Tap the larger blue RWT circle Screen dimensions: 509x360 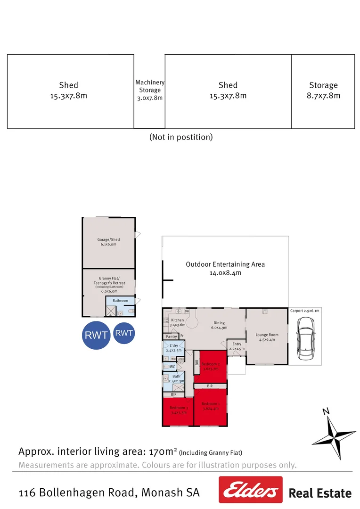pos(96,336)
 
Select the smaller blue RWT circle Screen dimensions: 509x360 pos(124,333)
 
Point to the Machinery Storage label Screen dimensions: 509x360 pos(150,90)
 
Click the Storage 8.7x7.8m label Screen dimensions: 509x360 pos(323,90)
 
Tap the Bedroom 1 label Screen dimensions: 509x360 pos(211,406)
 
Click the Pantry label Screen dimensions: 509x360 pos(171,337)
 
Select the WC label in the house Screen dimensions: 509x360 pos(172,366)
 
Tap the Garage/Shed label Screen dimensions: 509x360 pos(108,242)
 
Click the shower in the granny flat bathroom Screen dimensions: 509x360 pos(111,311)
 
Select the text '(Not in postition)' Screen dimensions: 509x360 pos(181,137)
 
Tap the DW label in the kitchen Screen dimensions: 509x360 pos(187,312)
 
